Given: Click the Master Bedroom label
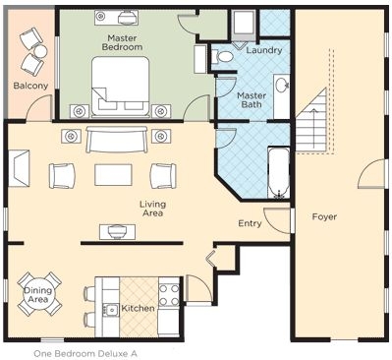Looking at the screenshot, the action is tap(122, 42).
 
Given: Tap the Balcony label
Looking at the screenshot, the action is tap(30, 86).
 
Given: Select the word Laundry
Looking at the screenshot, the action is tap(264, 50).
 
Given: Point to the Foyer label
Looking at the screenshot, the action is tap(324, 216).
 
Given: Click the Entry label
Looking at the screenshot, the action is tap(250, 223).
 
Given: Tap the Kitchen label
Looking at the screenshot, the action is tap(138, 308).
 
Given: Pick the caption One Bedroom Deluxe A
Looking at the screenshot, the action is tap(85, 354).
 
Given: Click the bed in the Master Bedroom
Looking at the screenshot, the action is tap(121, 87).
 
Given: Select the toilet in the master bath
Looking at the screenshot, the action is tap(222, 56).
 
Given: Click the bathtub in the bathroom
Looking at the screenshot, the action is tap(278, 173).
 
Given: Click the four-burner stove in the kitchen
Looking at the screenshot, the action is tap(169, 295).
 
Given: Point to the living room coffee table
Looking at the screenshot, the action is tap(113, 175).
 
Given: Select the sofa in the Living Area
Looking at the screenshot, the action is tap(116, 140).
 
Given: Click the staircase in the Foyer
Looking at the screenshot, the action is tap(311, 119).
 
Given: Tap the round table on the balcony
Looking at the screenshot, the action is tap(40, 52).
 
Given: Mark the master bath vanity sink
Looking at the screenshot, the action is tap(281, 86).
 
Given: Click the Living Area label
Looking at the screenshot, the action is tap(152, 209).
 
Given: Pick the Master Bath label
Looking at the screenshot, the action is tap(252, 100).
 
